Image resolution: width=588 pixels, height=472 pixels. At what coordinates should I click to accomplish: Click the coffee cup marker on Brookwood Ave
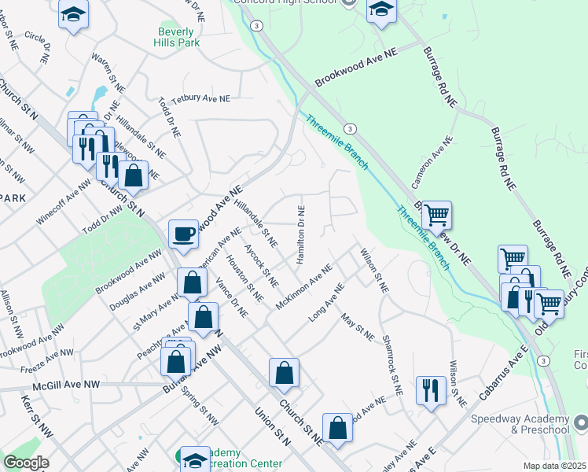coord(184,234)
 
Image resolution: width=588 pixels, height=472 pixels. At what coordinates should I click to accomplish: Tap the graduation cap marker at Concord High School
coord(381,10)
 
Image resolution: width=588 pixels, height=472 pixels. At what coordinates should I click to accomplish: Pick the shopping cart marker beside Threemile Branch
coord(436,215)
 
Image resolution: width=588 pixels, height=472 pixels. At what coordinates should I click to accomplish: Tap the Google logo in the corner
coord(26,463)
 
